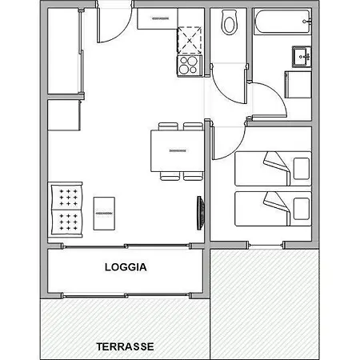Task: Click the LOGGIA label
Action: [x=126, y=267]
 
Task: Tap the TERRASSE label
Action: [x=125, y=346]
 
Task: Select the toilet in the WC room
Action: [x=230, y=22]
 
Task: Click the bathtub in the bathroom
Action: [x=282, y=22]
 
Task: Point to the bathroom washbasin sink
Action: [x=302, y=57]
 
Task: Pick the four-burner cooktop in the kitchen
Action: [x=190, y=66]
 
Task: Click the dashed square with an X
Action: [x=190, y=40]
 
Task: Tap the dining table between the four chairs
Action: [x=178, y=150]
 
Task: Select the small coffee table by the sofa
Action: [x=104, y=214]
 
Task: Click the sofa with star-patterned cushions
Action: [x=66, y=210]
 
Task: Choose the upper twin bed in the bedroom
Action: [x=273, y=169]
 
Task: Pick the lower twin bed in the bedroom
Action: [x=273, y=209]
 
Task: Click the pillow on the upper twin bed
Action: [x=302, y=169]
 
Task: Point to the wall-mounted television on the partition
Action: [x=201, y=213]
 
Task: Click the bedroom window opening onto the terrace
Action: [x=266, y=245]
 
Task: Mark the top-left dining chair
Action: [x=168, y=126]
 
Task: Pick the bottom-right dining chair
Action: [x=193, y=176]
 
